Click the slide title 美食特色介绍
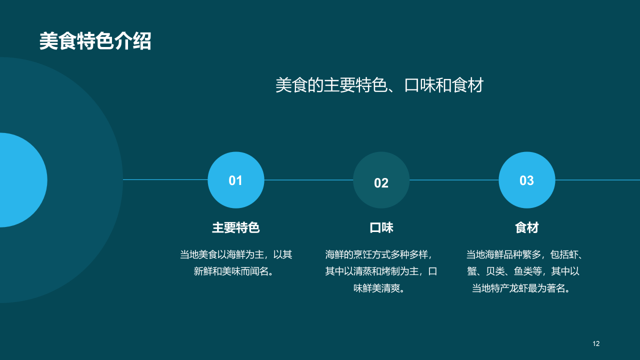[95, 41]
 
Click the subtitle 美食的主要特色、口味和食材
[379, 85]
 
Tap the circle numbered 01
[235, 180]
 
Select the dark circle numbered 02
[381, 180]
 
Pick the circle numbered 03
[526, 180]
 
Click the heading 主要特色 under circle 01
[235, 228]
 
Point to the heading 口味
[381, 228]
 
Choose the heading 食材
[526, 228]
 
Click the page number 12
[595, 343]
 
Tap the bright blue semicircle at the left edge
[22, 180]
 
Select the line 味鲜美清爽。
[381, 288]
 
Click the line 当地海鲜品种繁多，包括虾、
[524, 254]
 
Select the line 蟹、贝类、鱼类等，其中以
[523, 271]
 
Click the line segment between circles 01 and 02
[308, 179]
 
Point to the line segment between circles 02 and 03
[454, 179]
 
